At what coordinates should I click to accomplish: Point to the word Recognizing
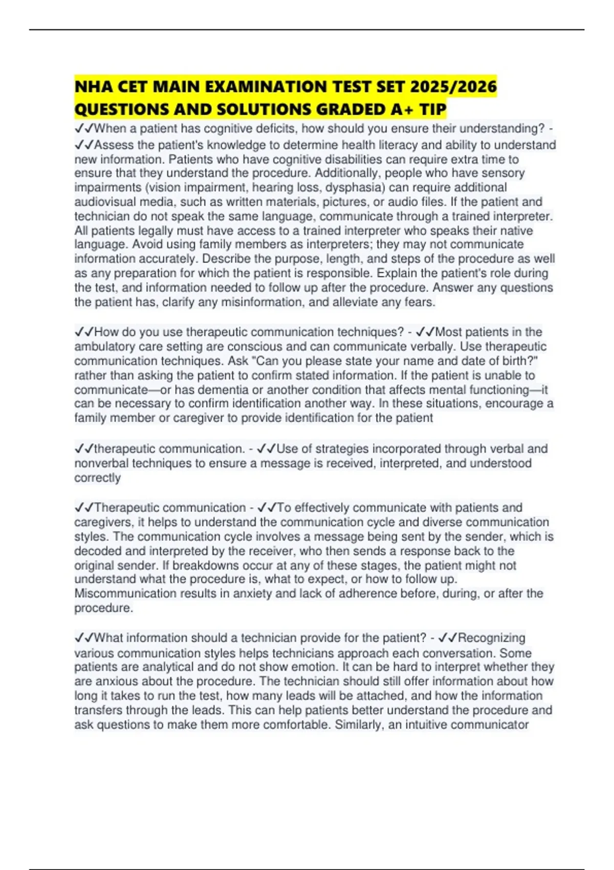pos(491,638)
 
